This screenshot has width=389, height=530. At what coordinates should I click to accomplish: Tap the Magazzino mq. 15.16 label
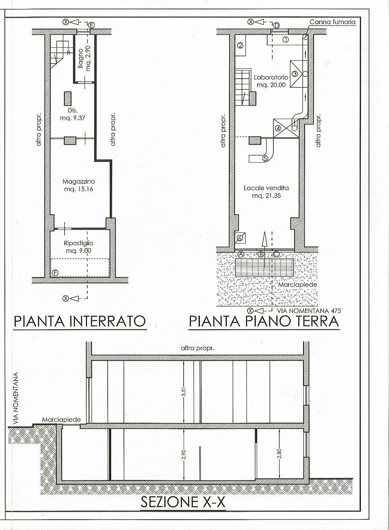click(79, 185)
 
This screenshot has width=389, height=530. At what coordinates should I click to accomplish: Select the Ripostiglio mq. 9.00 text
click(79, 247)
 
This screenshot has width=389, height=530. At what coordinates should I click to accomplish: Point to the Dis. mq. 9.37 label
click(72, 114)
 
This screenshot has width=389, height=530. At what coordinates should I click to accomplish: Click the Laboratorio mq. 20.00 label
click(271, 81)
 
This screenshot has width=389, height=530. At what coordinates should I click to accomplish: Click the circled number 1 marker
click(285, 40)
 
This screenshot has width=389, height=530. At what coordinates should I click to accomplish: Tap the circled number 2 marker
click(240, 46)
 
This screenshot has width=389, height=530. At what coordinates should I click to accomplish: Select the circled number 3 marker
click(295, 74)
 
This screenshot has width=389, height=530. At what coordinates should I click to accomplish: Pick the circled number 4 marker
click(278, 128)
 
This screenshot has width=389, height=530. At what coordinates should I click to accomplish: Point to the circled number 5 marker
click(265, 158)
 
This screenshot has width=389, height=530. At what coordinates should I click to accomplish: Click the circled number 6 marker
click(240, 238)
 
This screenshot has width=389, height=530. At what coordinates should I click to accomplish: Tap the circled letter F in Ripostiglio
click(55, 273)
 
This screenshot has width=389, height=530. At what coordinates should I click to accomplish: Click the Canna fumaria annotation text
click(332, 22)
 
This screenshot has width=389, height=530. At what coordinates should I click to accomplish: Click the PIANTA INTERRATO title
click(80, 321)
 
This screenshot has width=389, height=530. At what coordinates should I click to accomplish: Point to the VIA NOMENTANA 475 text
click(309, 311)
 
